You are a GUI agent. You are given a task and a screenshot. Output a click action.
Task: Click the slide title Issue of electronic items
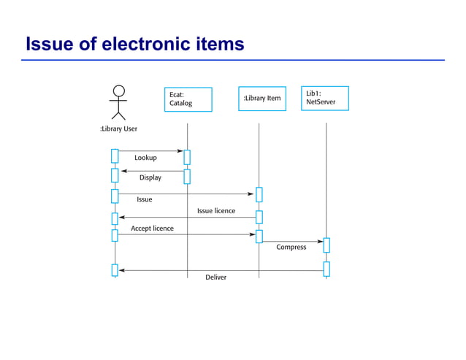(x=134, y=45)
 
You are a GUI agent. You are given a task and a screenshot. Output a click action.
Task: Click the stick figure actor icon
(x=118, y=102)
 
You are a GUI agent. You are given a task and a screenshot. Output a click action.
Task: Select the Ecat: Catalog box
(x=188, y=99)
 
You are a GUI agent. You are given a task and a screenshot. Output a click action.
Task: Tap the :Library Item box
(x=261, y=99)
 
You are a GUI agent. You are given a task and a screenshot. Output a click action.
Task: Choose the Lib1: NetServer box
(x=324, y=99)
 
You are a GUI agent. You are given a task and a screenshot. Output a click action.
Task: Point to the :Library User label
(x=118, y=129)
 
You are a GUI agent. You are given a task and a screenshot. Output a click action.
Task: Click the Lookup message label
(x=145, y=158)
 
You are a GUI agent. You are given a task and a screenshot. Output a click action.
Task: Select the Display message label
(x=150, y=177)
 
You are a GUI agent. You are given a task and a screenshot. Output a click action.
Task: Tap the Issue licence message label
(x=216, y=211)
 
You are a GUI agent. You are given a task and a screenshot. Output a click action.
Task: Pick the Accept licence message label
(x=152, y=229)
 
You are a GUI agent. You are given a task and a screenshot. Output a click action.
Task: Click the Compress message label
(x=291, y=248)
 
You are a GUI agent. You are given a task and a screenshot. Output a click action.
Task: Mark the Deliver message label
(x=215, y=277)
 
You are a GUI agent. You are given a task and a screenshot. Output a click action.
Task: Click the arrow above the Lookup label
(x=150, y=151)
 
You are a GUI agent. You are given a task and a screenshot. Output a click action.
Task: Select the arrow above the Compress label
(x=292, y=241)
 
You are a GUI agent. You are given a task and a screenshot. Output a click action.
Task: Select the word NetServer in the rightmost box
(x=321, y=102)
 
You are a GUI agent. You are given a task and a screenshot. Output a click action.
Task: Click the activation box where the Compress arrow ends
(x=326, y=245)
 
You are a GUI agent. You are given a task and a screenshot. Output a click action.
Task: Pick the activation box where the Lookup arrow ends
(x=187, y=157)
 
